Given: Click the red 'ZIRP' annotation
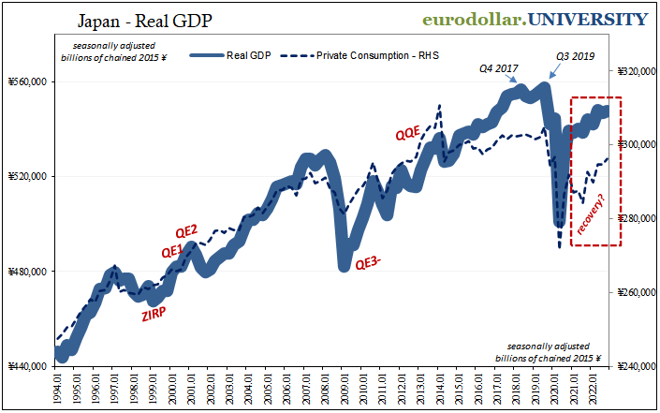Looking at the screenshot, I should tap(155, 315).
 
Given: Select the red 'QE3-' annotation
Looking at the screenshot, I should tap(368, 264).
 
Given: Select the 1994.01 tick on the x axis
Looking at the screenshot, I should tap(59, 386).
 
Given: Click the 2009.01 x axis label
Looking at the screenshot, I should tap(346, 386).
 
